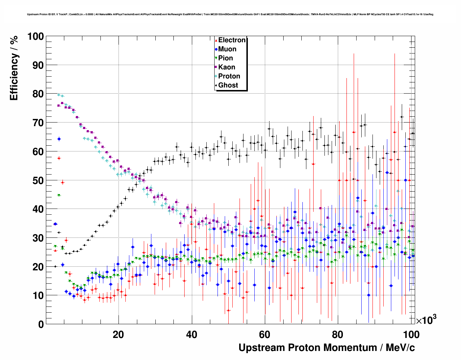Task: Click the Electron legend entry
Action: pos(232,40)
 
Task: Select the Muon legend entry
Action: pos(227,49)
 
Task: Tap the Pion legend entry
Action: pos(225,58)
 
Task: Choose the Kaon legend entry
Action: pos(227,67)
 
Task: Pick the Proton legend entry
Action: pos(229,76)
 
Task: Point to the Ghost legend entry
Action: pos(228,85)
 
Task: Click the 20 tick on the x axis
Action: pos(119,334)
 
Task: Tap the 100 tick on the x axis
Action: pos(411,334)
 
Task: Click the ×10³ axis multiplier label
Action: pos(426,320)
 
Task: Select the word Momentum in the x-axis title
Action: pos(350,348)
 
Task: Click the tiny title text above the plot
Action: pos(230,14)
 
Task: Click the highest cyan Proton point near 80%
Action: pos(59,95)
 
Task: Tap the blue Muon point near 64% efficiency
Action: pos(59,139)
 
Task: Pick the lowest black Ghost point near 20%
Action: pos(55,266)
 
